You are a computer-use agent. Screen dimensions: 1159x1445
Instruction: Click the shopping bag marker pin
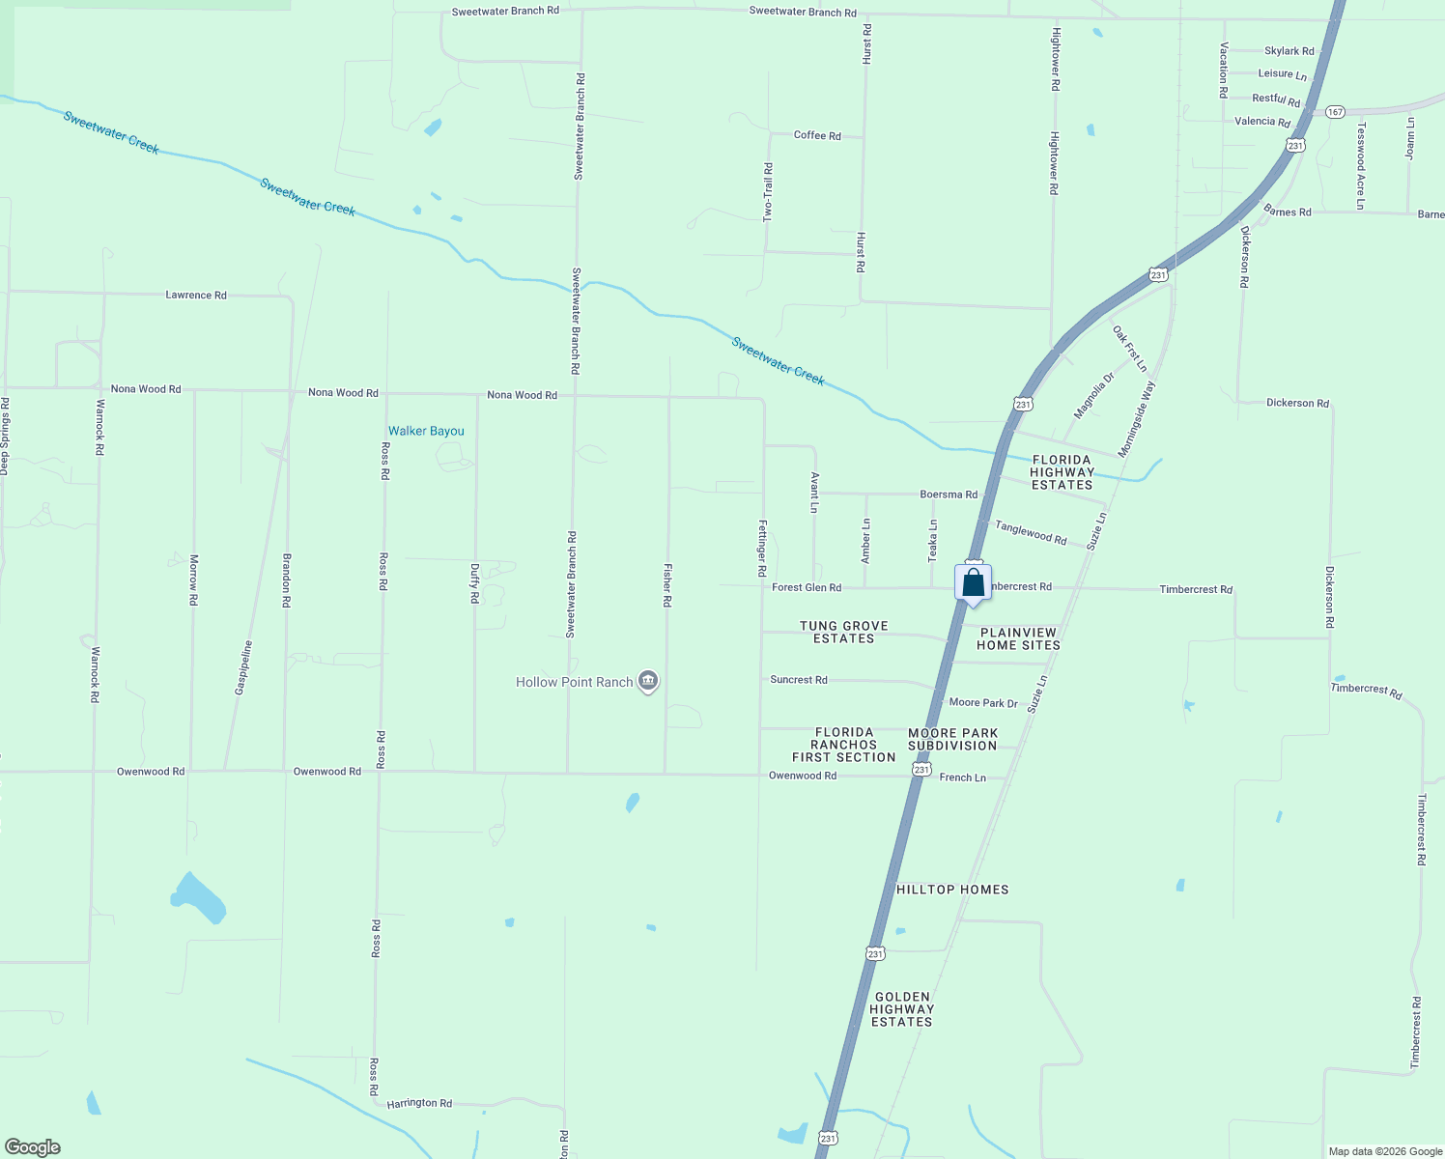974,583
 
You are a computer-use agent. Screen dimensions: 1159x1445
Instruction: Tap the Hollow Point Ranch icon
649,682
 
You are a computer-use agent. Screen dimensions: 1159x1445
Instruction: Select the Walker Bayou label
426,431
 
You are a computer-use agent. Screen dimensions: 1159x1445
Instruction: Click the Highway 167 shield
1335,112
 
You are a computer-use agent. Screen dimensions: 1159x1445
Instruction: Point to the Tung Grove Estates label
843,632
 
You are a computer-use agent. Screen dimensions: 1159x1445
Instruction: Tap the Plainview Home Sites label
1018,638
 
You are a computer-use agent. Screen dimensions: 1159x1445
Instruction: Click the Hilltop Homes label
952,890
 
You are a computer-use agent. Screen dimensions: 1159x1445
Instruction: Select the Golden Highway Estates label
902,1009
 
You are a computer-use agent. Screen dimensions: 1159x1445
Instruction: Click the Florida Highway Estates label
1062,472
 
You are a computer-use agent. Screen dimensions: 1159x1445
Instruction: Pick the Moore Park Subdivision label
952,739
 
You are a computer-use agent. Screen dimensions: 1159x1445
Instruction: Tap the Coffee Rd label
817,135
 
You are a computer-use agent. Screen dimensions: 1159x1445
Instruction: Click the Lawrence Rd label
196,295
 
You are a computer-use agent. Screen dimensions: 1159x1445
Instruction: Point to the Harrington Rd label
419,1103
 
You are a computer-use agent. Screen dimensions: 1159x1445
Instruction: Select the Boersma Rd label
949,495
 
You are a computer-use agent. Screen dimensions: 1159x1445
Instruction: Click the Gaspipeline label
244,667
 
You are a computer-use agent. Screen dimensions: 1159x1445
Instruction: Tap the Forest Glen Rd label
807,587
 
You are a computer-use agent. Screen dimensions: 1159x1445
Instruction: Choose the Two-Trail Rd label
768,192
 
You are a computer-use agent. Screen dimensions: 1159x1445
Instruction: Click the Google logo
33,1147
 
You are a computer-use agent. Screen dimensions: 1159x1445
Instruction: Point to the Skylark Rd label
1289,51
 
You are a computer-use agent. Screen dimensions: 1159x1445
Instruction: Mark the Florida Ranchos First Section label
843,745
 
